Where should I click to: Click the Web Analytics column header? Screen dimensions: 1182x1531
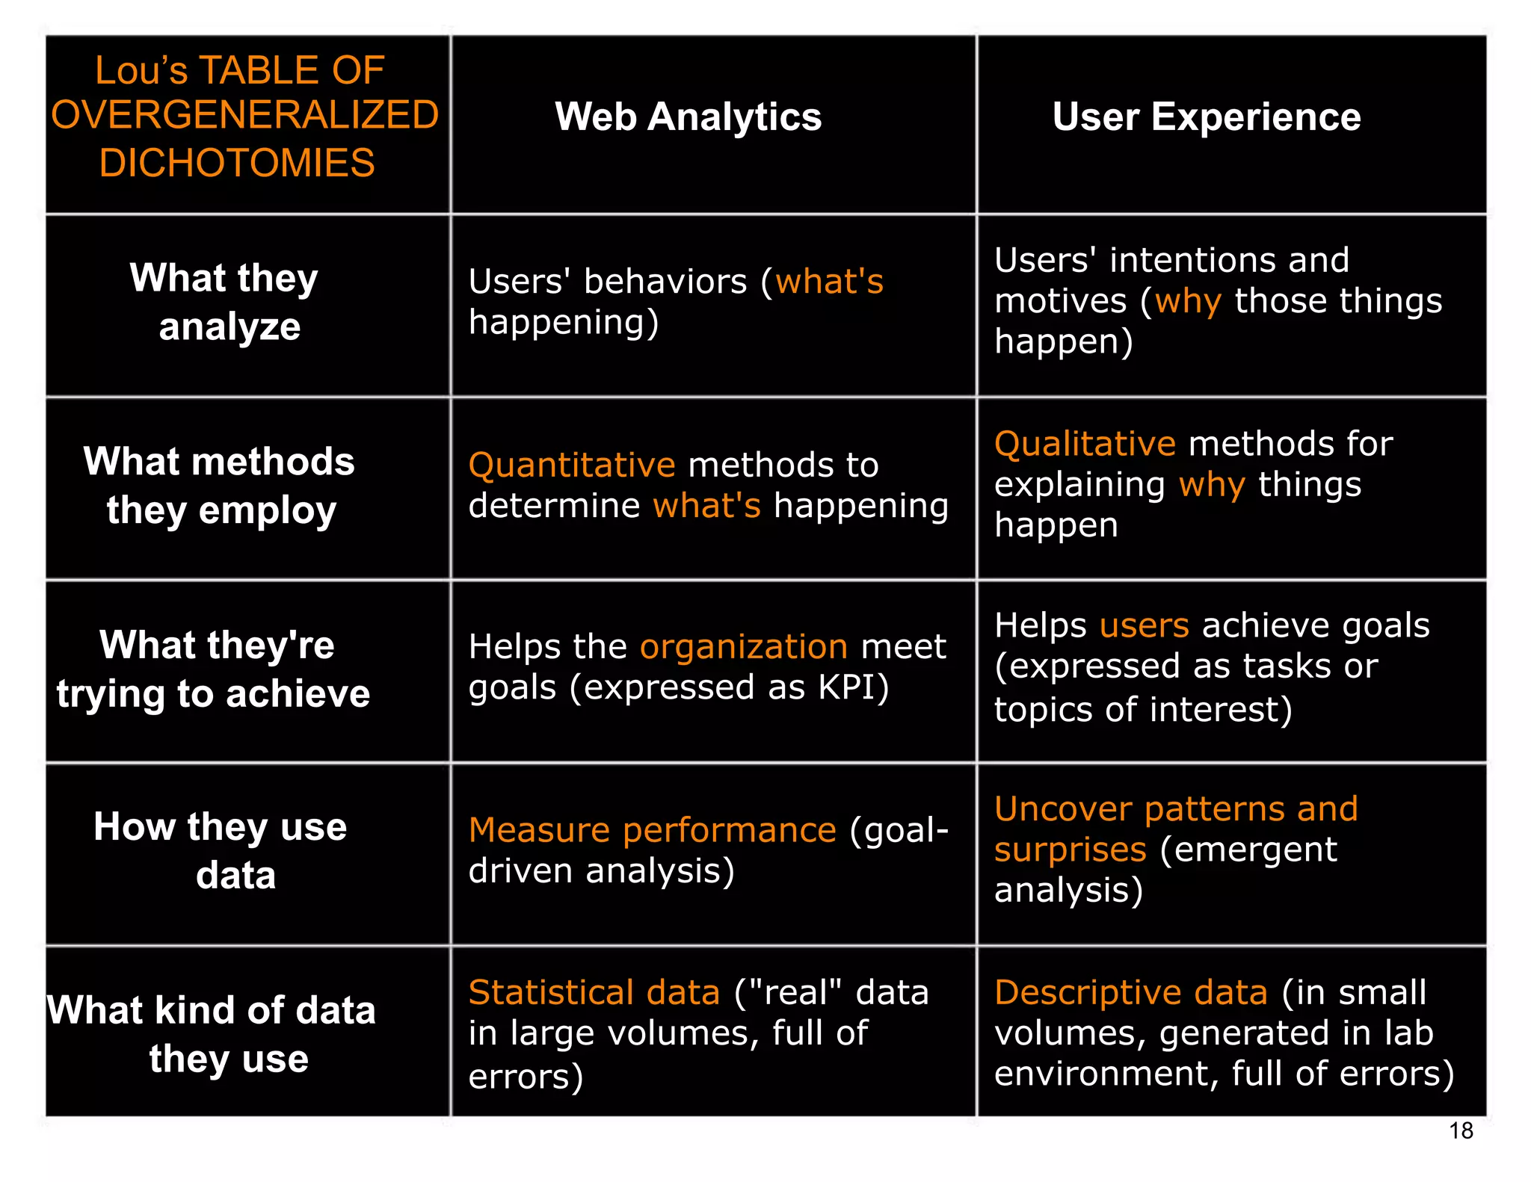tap(688, 117)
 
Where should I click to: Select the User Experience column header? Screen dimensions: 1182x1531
tap(1206, 117)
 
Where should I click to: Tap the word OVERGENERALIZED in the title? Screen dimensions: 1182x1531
tap(244, 115)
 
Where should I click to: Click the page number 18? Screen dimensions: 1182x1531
tap(1460, 1130)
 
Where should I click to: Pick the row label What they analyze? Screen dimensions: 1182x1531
tap(225, 302)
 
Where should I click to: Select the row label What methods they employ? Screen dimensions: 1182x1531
tap(220, 485)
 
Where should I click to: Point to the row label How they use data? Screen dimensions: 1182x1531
tap(221, 850)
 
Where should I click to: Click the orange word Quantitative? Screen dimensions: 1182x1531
tap(572, 465)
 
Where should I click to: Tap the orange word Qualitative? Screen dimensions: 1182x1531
tap(1085, 444)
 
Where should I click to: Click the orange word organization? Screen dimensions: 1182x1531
tap(743, 646)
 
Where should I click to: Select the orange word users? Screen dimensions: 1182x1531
tap(1144, 625)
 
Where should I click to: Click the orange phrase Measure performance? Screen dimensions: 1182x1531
tap(652, 830)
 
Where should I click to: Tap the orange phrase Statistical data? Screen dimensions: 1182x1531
tap(594, 993)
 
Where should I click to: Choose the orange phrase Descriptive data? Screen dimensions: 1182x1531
tap(1130, 993)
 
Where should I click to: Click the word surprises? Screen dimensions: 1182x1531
tap(1070, 850)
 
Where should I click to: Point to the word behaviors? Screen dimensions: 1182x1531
tap(665, 282)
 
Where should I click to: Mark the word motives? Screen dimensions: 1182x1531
tap(1060, 302)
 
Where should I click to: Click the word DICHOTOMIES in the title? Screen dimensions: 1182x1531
tap(237, 163)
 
